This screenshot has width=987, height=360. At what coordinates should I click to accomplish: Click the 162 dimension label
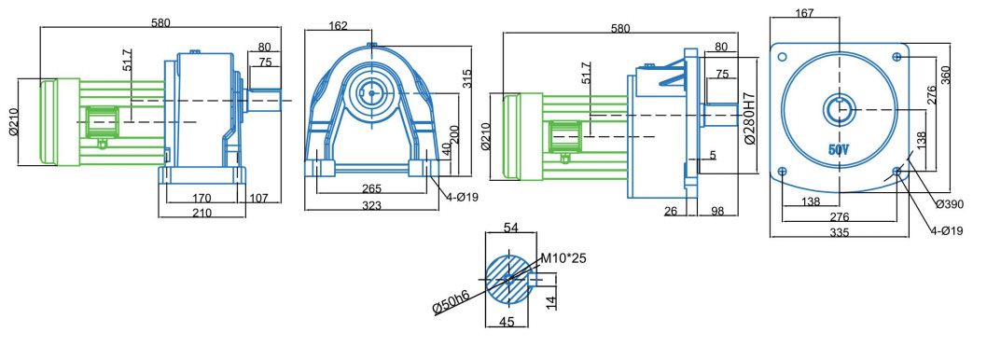point(338,26)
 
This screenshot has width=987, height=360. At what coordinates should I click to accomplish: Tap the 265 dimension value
point(371,188)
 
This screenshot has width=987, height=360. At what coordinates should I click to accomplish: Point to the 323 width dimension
point(371,205)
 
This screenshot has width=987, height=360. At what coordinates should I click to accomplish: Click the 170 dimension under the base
point(202,198)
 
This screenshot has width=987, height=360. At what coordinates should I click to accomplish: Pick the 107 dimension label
point(258,198)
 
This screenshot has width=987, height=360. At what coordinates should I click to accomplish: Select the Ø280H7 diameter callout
point(750,121)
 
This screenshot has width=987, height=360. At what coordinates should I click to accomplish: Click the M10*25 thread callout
point(564,258)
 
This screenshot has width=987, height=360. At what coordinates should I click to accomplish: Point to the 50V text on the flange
point(839,150)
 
